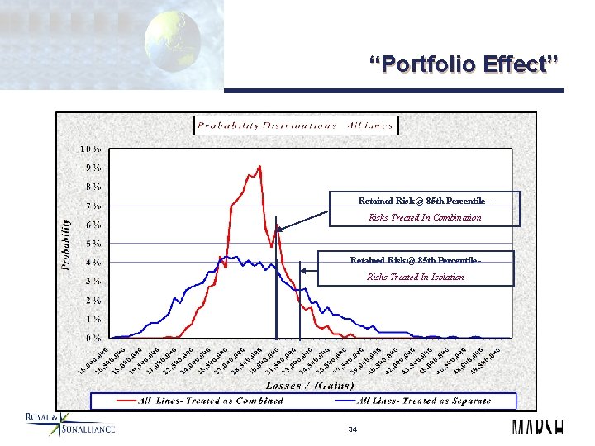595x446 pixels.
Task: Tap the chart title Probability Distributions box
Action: click(x=296, y=126)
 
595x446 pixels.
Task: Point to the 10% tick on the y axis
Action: click(x=91, y=149)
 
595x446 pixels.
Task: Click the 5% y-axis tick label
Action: click(x=93, y=244)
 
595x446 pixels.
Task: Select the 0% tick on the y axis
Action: click(x=93, y=338)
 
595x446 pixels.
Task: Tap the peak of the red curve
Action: click(x=259, y=167)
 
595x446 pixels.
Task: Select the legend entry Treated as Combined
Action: click(x=202, y=401)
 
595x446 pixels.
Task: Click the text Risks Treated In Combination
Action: click(x=425, y=218)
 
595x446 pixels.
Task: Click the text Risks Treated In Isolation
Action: click(x=416, y=277)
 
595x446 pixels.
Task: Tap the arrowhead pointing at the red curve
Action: click(x=278, y=230)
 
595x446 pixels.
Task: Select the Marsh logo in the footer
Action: click(x=537, y=428)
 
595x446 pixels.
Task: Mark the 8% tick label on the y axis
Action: click(x=93, y=187)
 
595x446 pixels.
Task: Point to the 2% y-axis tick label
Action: click(x=93, y=300)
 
